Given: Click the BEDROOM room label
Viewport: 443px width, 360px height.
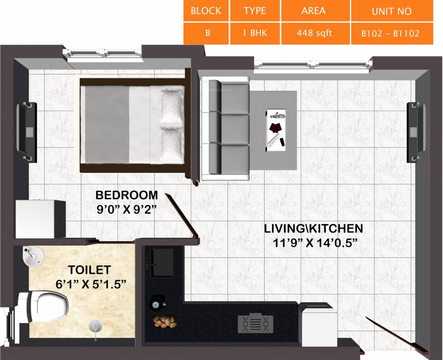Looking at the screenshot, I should coord(126,195).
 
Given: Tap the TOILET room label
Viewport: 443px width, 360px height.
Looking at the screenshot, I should coord(89,270).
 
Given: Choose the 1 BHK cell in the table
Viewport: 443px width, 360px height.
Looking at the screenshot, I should coord(255,34).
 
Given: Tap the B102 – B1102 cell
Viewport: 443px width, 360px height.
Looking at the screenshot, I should coord(391,34).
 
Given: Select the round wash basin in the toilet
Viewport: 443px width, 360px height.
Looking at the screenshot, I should coord(33,257).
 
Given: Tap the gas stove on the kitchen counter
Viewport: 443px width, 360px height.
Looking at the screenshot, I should coord(255,323).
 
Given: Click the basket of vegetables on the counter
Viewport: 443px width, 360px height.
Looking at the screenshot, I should coord(164,323).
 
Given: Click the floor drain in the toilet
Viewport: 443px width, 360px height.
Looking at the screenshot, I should coord(96,325).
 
